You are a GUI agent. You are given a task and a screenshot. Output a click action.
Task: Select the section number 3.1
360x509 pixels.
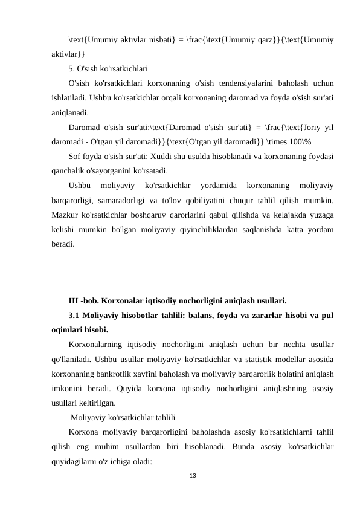coord(74,316)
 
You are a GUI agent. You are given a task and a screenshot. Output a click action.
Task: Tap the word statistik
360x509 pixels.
coord(265,359)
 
